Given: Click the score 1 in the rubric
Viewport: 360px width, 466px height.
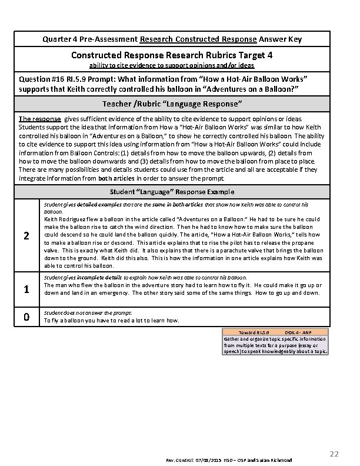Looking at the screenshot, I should pyautogui.click(x=26, y=289).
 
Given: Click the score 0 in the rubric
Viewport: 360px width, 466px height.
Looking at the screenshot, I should pyautogui.click(x=26, y=317).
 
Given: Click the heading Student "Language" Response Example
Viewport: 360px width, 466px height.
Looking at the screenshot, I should pyautogui.click(x=172, y=191).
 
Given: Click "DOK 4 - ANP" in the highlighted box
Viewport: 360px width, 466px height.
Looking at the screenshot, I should pyautogui.click(x=301, y=332).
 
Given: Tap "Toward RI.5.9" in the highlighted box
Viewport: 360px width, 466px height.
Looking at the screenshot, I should pyautogui.click(x=255, y=332).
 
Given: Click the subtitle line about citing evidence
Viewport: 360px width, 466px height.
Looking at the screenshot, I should pyautogui.click(x=172, y=65).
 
